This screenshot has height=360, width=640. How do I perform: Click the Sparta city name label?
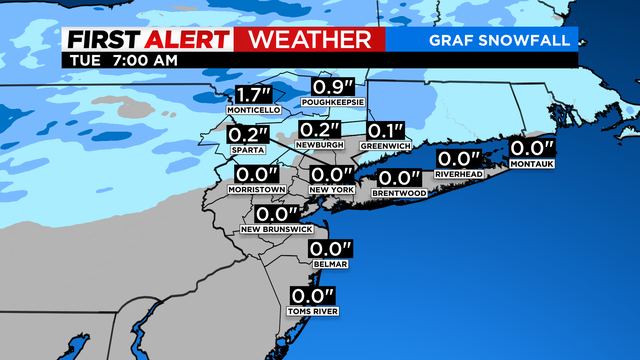[x=247, y=149]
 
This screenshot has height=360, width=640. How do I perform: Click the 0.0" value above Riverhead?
[x=458, y=158]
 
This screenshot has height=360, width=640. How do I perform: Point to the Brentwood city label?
[x=399, y=192]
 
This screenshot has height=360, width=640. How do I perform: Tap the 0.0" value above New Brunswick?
[x=279, y=214]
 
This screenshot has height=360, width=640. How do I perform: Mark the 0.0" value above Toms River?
[x=312, y=295]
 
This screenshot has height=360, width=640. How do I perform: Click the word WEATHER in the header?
[x=315, y=39]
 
